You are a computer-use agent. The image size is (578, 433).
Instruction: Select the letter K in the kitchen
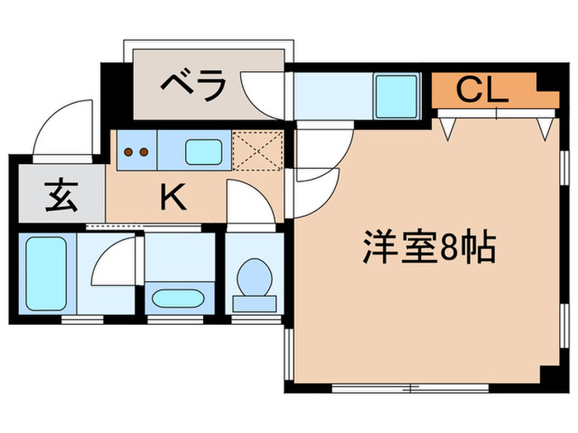[172, 196]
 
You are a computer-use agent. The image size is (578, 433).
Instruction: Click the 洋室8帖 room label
[429, 247]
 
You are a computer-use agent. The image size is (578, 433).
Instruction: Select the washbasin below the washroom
[175, 298]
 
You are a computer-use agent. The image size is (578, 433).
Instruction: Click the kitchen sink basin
[203, 152]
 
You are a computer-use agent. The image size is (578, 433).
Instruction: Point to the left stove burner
[128, 152]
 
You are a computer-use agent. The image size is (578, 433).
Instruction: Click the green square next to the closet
[397, 96]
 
